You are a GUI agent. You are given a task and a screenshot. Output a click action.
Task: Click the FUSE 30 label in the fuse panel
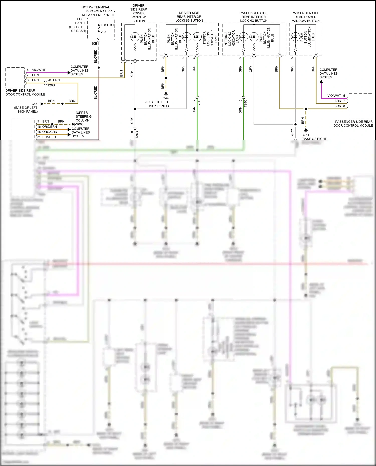click(107, 25)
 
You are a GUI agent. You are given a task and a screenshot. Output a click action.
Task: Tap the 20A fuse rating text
click(104, 32)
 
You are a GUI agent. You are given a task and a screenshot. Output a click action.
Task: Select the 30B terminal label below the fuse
click(94, 44)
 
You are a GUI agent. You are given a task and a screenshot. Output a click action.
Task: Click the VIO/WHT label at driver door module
click(39, 70)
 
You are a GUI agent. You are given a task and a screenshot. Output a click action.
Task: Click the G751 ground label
click(305, 135)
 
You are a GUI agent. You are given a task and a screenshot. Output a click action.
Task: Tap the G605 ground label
click(80, 124)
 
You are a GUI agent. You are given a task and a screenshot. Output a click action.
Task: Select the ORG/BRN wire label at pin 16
click(50, 127)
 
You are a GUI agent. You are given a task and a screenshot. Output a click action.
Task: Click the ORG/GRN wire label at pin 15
click(50, 132)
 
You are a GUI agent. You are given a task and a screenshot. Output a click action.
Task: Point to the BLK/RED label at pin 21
click(49, 137)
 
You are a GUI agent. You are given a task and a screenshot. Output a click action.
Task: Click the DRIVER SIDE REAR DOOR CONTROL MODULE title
click(25, 93)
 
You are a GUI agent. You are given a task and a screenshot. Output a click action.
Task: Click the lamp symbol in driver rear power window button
click(135, 37)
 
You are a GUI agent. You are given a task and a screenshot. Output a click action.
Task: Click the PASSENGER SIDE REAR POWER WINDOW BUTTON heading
click(306, 17)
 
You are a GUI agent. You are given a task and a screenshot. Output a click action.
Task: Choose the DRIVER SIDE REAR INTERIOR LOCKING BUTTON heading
click(189, 17)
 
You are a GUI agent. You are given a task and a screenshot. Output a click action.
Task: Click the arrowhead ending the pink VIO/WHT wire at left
click(69, 73)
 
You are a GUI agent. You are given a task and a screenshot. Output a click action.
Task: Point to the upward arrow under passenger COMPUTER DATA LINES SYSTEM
click(321, 82)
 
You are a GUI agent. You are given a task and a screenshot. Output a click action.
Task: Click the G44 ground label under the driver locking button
click(166, 98)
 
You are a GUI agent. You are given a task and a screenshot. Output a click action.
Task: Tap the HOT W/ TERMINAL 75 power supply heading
click(98, 11)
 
